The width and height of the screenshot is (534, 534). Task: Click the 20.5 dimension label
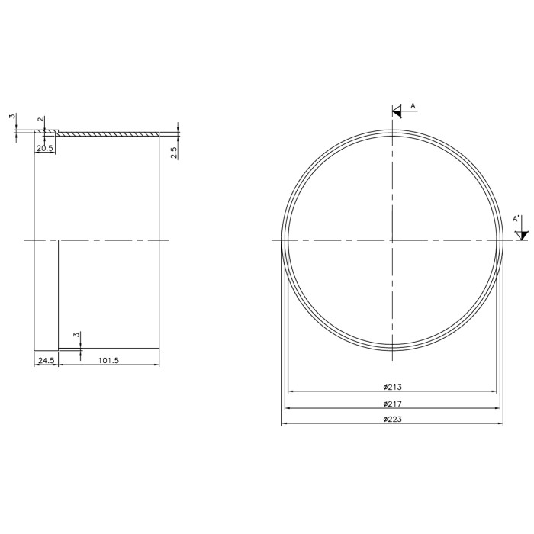click(x=44, y=148)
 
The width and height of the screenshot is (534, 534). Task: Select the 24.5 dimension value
click(x=47, y=360)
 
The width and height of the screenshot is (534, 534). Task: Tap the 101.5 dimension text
click(x=108, y=360)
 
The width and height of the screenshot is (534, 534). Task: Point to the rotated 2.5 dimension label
click(x=174, y=153)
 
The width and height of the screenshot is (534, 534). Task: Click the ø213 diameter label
click(x=392, y=387)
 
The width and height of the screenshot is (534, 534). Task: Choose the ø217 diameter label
click(x=392, y=404)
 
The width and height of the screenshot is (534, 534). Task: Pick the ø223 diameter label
click(x=392, y=420)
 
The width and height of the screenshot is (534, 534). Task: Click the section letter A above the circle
click(x=413, y=106)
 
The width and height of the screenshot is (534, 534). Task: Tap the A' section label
click(x=516, y=219)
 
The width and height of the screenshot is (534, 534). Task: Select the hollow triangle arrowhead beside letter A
click(x=397, y=111)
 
